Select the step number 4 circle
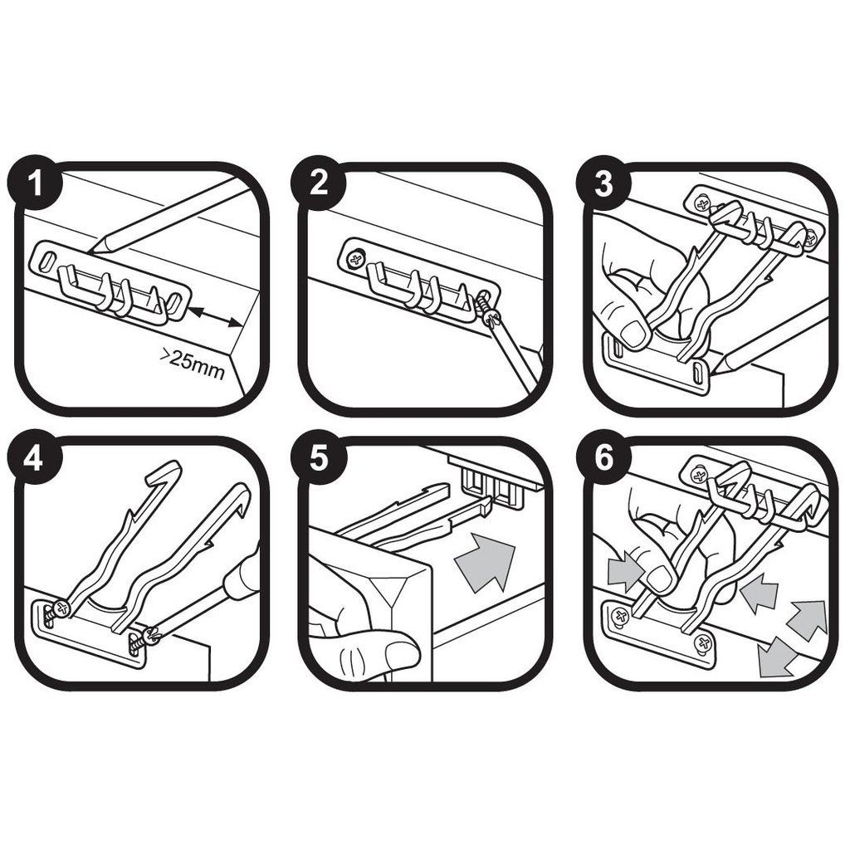click(x=33, y=459)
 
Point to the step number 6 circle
click(x=603, y=459)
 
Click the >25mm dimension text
click(x=192, y=364)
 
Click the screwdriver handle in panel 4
click(x=241, y=577)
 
